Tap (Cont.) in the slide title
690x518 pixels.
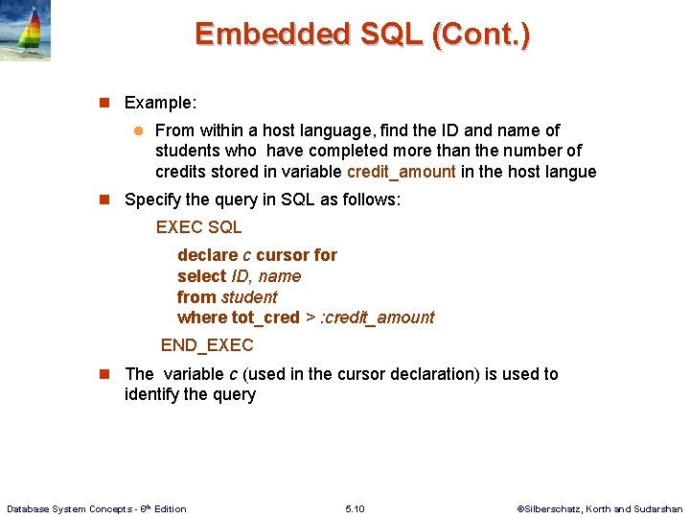pos(481,35)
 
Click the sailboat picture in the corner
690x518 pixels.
pos(26,32)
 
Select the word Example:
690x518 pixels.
pos(160,102)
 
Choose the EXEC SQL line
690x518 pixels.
pos(198,227)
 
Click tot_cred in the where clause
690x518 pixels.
pos(265,318)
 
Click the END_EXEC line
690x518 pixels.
pos(207,345)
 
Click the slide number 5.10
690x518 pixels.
pos(355,508)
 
